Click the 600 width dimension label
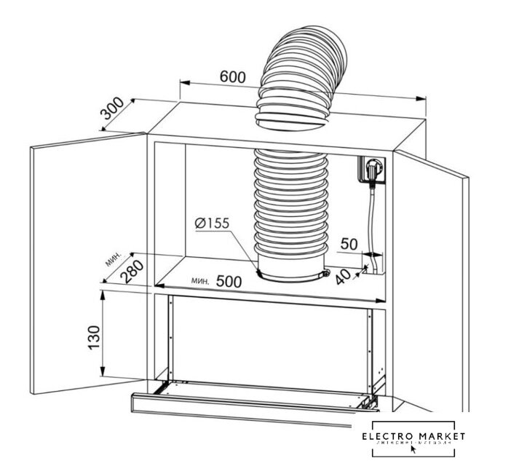coord(231,76)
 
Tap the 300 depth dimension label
coord(115,110)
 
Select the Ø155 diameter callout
coord(212,223)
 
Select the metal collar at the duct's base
coord(291,275)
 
